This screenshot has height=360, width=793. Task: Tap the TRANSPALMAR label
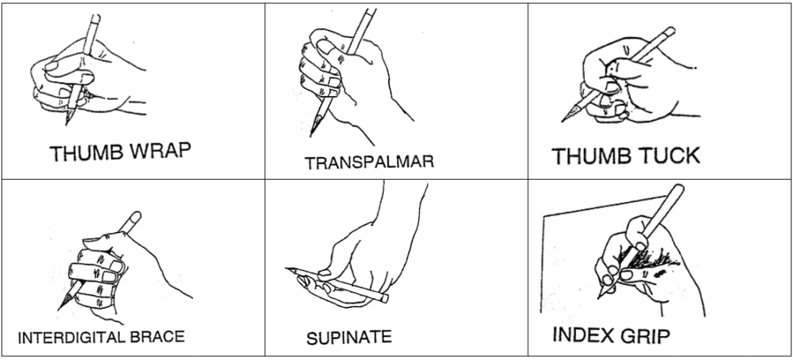[x=369, y=163]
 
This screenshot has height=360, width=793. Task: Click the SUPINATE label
[x=348, y=338]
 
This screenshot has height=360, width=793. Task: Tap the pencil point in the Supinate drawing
[x=287, y=268]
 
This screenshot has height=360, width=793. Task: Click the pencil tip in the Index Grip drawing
[x=598, y=298]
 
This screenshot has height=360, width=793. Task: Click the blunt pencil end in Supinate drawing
[x=386, y=297]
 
